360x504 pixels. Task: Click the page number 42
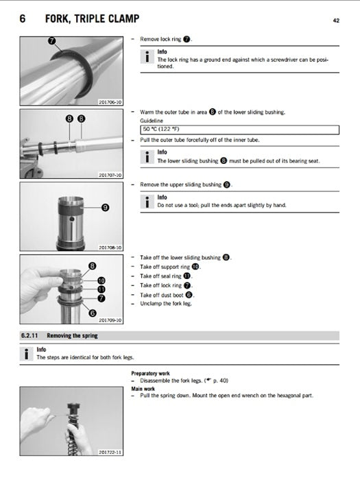coord(337,20)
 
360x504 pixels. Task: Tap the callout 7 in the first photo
coord(52,42)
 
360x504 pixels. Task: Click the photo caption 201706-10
coord(110,102)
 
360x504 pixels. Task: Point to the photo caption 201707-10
coord(110,175)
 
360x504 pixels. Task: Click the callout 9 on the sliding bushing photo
coord(105,207)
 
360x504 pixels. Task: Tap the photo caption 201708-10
coord(110,247)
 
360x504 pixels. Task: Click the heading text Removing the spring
coord(77,335)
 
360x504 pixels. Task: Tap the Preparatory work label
coord(151,374)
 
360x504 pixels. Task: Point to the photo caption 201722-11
coord(110,453)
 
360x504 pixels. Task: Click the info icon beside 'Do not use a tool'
coord(146,202)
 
